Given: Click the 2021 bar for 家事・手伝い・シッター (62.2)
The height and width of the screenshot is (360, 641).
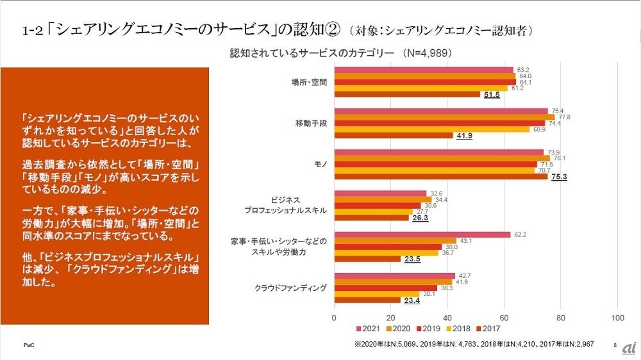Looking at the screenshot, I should (422, 234).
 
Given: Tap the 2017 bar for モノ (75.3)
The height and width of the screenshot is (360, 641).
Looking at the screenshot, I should (441, 176).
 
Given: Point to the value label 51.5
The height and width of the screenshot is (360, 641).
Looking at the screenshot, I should (491, 95).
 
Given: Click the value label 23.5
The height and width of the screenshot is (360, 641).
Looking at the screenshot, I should (412, 259).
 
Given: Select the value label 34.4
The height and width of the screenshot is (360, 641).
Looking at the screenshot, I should (442, 199).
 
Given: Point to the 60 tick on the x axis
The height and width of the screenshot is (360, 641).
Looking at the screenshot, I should (504, 317).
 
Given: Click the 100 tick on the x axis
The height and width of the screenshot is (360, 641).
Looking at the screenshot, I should (618, 317).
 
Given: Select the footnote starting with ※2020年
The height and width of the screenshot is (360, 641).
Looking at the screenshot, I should (474, 344).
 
